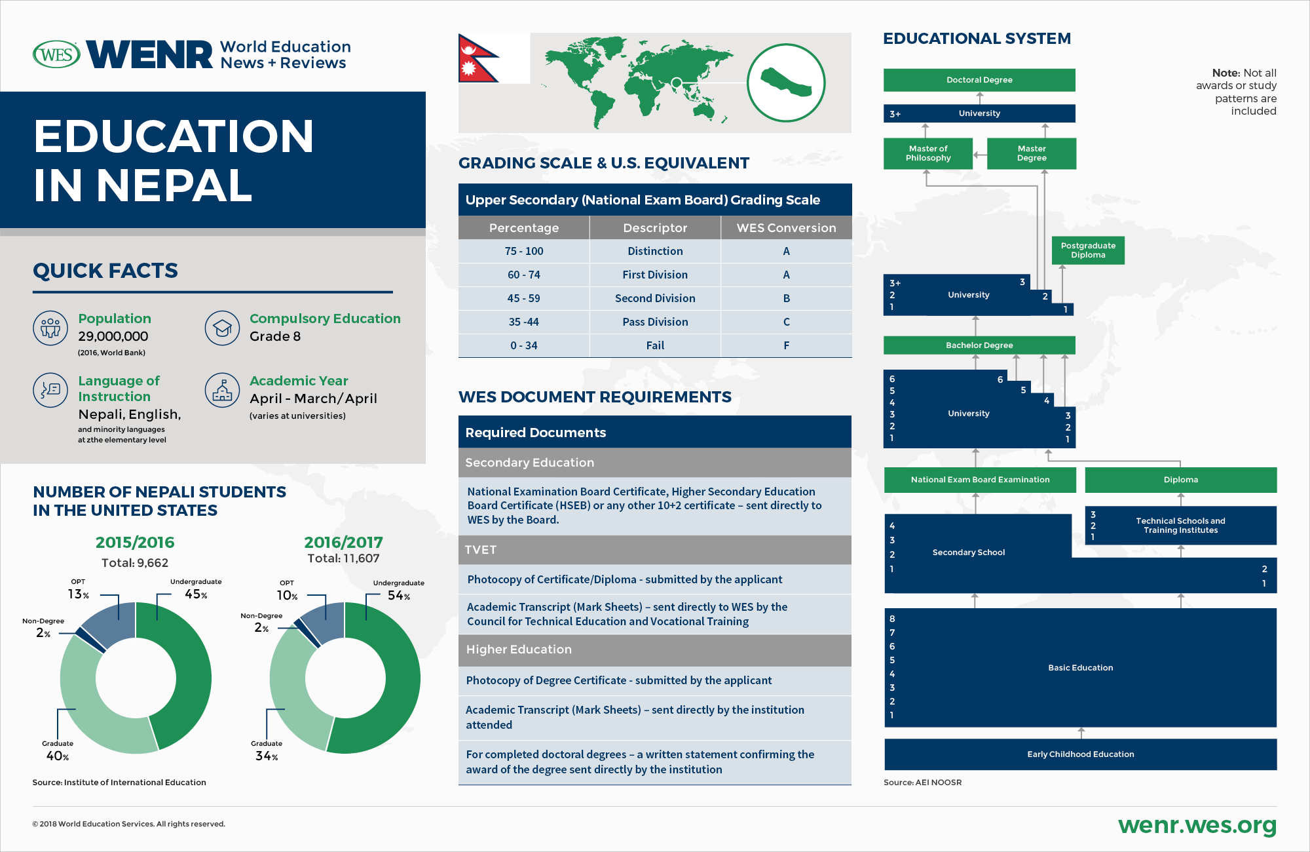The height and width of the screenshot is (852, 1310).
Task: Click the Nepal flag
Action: (x=476, y=58)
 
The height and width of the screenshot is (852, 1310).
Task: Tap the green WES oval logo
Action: (x=56, y=54)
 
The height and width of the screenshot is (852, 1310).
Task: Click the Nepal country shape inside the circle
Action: (x=785, y=83)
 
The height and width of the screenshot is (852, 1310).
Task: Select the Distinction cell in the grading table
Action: (x=655, y=251)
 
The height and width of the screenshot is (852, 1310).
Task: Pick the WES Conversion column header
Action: (x=786, y=228)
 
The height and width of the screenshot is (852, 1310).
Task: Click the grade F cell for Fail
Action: (x=786, y=345)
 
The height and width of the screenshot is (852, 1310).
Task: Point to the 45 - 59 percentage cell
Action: (x=523, y=298)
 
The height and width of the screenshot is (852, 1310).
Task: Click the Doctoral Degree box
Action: (x=979, y=80)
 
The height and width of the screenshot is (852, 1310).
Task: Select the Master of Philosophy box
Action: (x=927, y=153)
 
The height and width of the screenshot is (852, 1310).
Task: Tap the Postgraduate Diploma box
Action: (x=1088, y=250)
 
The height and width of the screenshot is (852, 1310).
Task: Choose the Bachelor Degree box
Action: (x=979, y=345)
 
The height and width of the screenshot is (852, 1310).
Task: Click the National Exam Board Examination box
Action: (x=980, y=480)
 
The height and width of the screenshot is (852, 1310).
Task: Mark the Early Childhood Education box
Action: (x=1080, y=754)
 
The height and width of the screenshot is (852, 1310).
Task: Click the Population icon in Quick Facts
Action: (x=50, y=328)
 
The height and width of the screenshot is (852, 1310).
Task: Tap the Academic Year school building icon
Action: (x=222, y=391)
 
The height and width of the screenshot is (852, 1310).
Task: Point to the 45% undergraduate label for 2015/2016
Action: (x=196, y=594)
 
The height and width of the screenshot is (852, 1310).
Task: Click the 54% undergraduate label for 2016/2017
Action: (x=399, y=596)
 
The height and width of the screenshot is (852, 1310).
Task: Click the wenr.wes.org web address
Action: (x=1197, y=825)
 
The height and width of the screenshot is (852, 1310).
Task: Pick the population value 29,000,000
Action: (x=113, y=336)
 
